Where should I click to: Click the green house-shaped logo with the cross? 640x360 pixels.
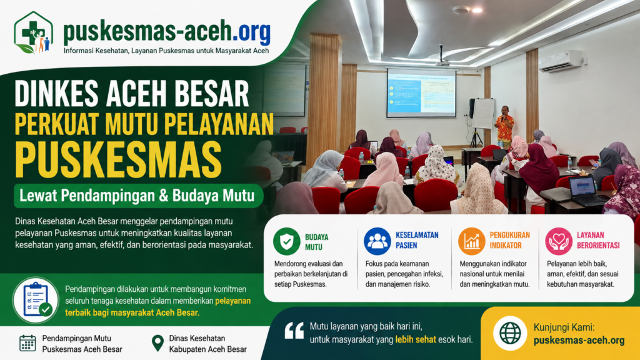coord(34,32)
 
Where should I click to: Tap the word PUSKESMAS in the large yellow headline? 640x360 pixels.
coord(118,159)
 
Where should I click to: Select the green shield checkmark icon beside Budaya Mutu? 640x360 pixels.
coord(286,241)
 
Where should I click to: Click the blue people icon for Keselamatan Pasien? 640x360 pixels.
coord(377,241)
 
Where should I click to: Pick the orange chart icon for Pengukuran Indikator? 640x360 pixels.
coord(471,241)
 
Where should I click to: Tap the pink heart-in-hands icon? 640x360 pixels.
coord(559,241)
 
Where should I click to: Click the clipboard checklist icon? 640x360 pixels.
coord(36,300)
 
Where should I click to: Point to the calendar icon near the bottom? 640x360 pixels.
coord(27,343)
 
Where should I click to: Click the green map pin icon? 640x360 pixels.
coord(157,343)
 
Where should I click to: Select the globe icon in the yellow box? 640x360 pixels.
coord(510,333)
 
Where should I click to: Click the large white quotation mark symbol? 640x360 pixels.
coord(294,331)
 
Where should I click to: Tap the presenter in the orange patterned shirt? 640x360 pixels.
coord(505,126)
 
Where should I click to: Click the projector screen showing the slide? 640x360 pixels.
coord(421,93)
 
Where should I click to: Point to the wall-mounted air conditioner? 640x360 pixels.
coord(562,61)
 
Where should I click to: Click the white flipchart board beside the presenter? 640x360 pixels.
coord(484,114)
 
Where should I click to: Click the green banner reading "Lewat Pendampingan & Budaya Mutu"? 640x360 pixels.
coord(138,196)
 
